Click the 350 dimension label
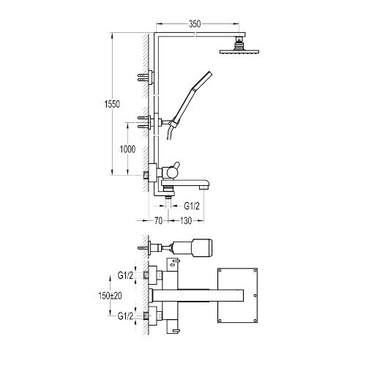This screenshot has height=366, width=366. coord(195,24)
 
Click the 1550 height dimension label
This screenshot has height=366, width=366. coord(112,104)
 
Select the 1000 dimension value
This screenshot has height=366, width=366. coord(127,149)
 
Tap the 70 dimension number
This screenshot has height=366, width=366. coord(158,221)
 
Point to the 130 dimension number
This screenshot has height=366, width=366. coord(186,221)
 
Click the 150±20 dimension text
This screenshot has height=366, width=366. coord(110,296)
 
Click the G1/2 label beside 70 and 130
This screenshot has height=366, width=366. coord(192,206)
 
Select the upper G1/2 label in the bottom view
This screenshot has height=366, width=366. coord(125,276)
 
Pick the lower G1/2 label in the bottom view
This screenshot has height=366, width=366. coord(125,316)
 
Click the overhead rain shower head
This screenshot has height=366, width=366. coord(239,51)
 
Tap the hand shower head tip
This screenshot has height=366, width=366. coord(209,73)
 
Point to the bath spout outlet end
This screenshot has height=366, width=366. coord(203,187)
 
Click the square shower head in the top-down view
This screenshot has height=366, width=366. coord(237,296)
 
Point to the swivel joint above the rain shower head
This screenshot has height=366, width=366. coord(239,43)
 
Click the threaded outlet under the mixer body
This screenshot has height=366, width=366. coord(168,197)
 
